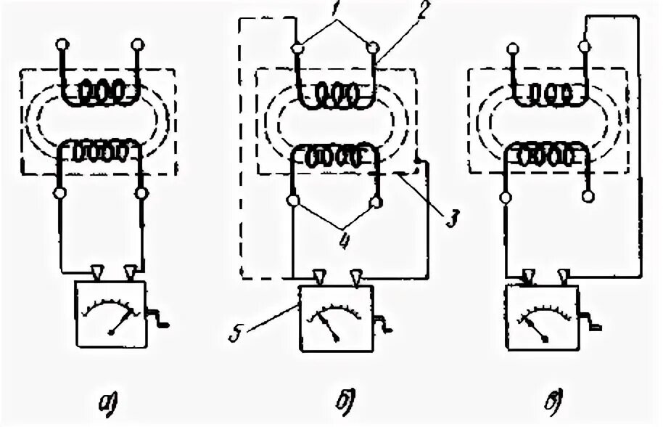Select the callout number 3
coord(450,217)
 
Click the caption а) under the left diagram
coord(117,402)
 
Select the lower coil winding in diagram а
coord(99,153)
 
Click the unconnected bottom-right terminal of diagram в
coord(589,196)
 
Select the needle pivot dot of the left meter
coord(110,331)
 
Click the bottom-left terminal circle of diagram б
coord(294,200)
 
